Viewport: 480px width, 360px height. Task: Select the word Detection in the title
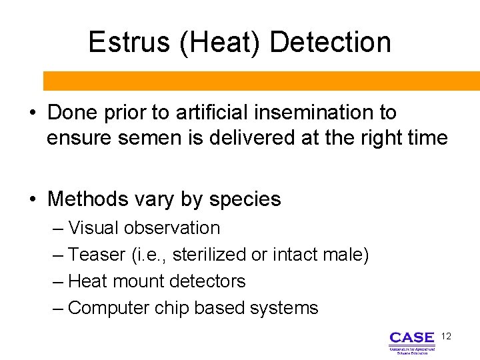[x=330, y=42]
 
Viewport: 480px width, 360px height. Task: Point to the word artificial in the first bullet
[x=205, y=113]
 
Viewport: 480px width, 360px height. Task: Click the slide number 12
[x=446, y=337]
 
